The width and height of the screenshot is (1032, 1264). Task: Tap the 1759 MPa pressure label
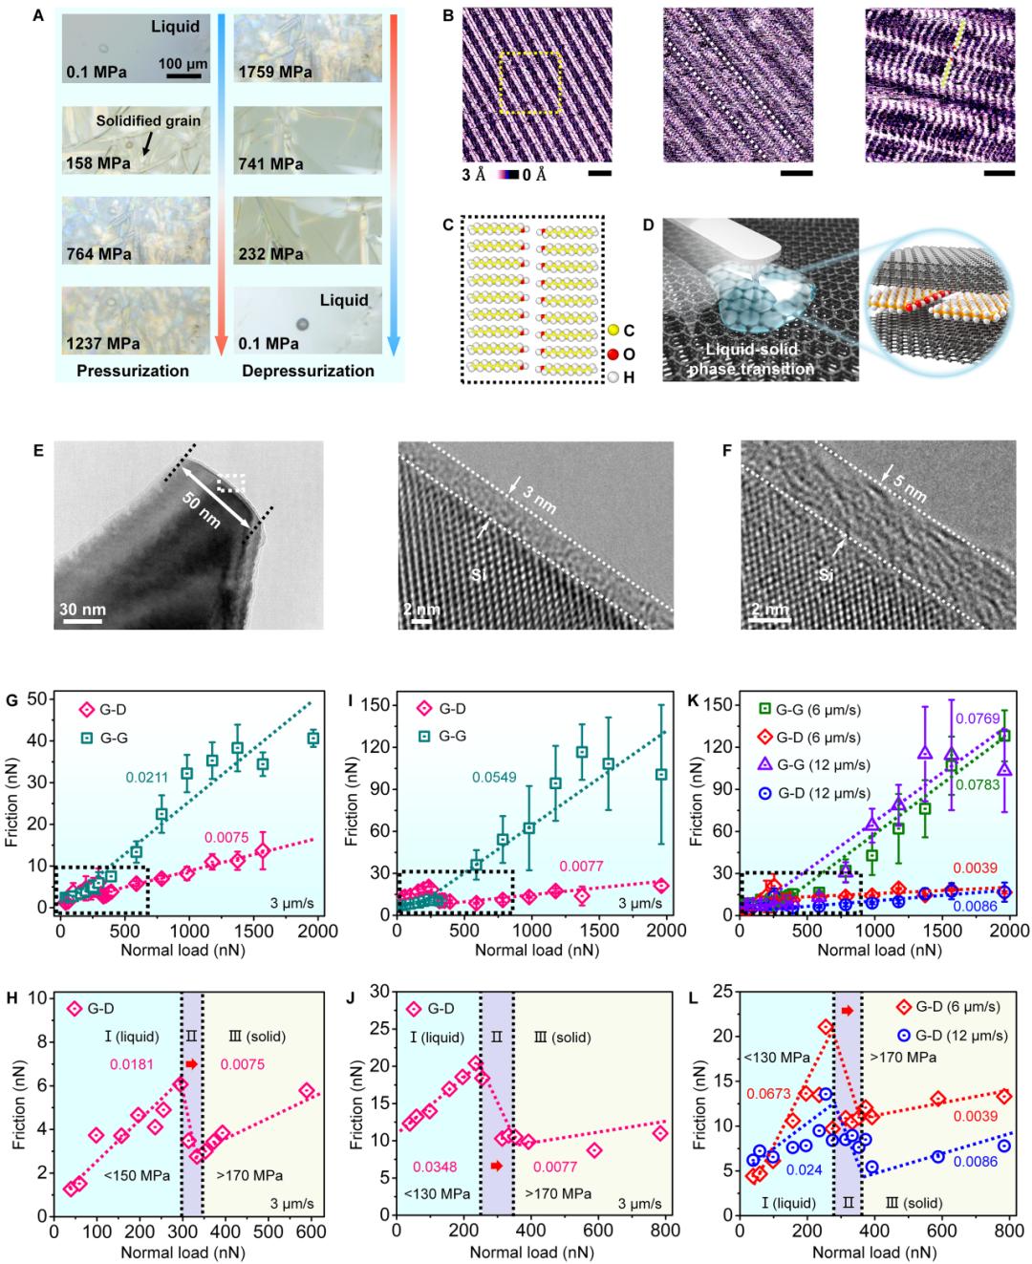(x=278, y=72)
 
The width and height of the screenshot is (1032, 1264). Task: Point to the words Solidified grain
(x=148, y=121)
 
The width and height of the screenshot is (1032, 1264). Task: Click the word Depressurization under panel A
(x=308, y=370)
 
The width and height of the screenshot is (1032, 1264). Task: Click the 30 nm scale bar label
(x=84, y=610)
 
